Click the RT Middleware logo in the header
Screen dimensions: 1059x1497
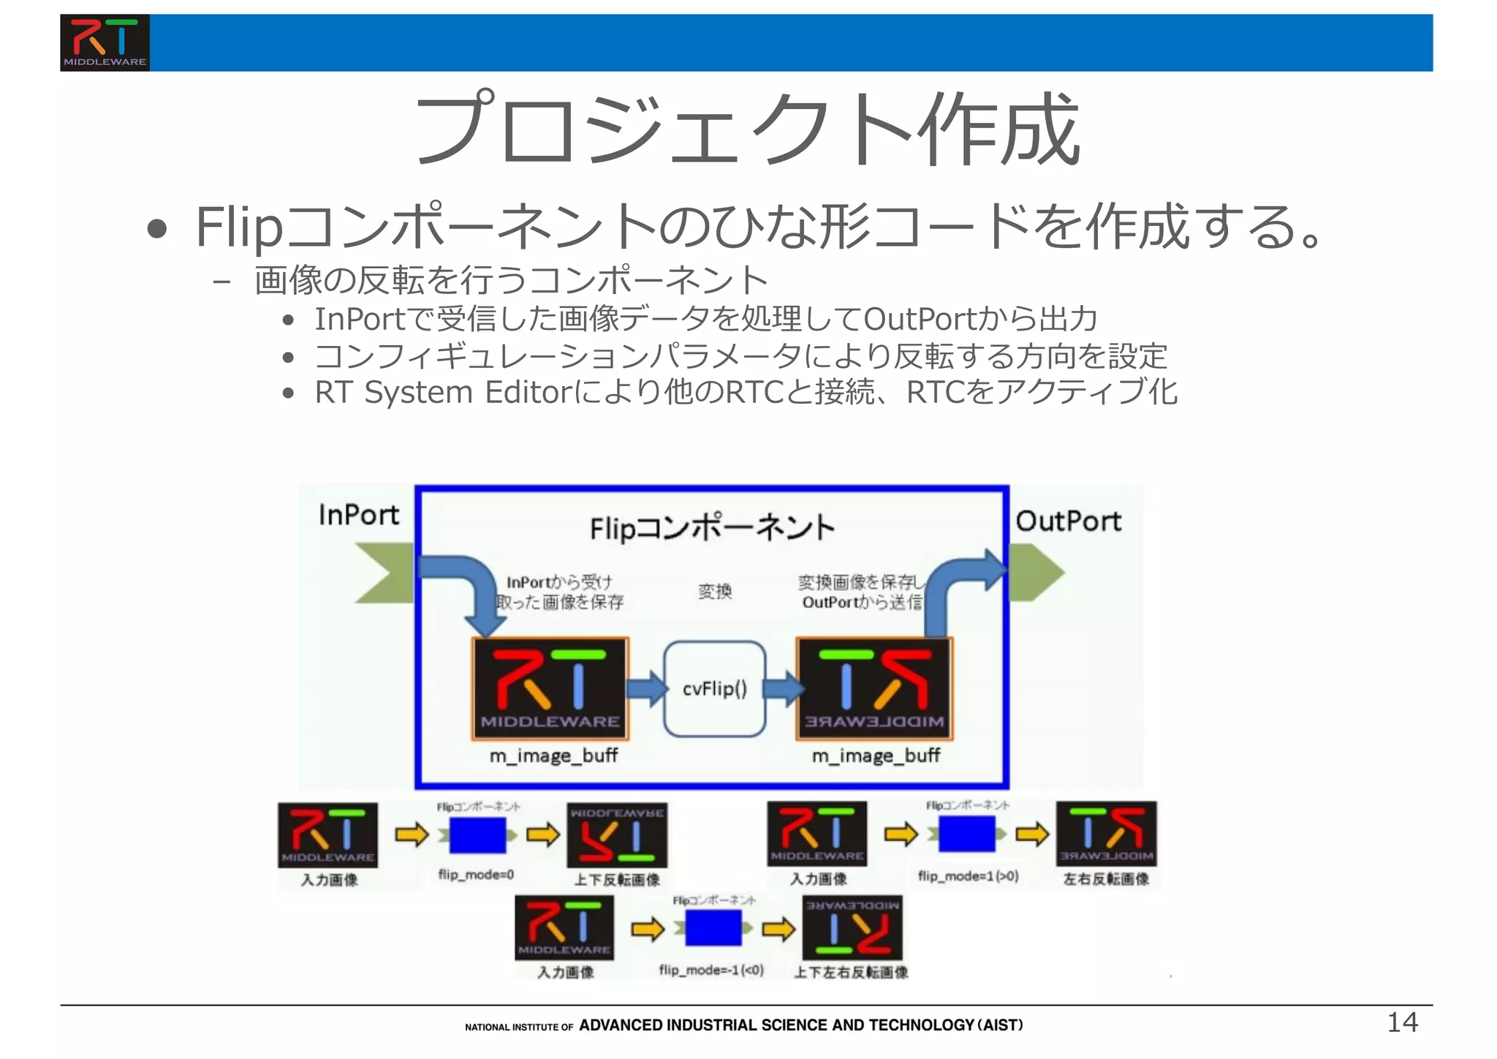tap(105, 42)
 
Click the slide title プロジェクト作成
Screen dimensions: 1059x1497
tap(746, 129)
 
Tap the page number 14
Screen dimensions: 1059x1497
tap(1402, 1022)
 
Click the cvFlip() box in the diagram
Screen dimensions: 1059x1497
tap(714, 688)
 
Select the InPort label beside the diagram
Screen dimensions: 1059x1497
tap(358, 515)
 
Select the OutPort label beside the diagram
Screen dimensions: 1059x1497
tap(1068, 521)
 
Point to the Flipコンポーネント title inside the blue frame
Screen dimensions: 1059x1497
tap(711, 527)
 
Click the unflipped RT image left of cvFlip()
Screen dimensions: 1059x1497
tap(550, 688)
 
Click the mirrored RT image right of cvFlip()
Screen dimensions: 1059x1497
tap(874, 688)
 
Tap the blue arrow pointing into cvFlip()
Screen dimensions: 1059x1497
tap(647, 688)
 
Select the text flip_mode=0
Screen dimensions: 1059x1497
tap(476, 875)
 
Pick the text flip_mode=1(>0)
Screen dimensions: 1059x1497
tap(968, 875)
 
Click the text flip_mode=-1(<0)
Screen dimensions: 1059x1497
tap(711, 970)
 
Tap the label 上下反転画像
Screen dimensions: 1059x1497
tap(617, 880)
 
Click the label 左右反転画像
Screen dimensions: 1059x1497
tap(1106, 879)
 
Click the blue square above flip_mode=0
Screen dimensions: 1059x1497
tap(477, 835)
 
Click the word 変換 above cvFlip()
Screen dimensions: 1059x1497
tap(714, 591)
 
